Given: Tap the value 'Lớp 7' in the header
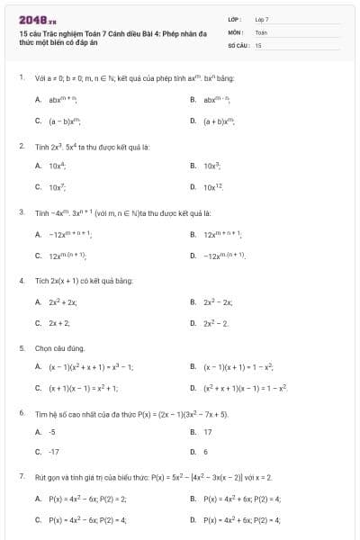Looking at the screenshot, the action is tap(262, 18).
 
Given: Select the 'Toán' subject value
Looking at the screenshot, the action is tap(261, 31).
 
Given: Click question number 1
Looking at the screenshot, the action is tap(21, 78).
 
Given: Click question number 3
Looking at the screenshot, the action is tap(21, 212).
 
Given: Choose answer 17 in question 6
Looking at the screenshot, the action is tap(208, 432).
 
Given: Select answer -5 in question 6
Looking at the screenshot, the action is tap(53, 432).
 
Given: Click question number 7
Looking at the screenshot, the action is tap(21, 476).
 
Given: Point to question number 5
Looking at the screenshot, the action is tap(21, 347).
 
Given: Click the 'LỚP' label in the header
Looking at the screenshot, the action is tap(235, 18).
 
